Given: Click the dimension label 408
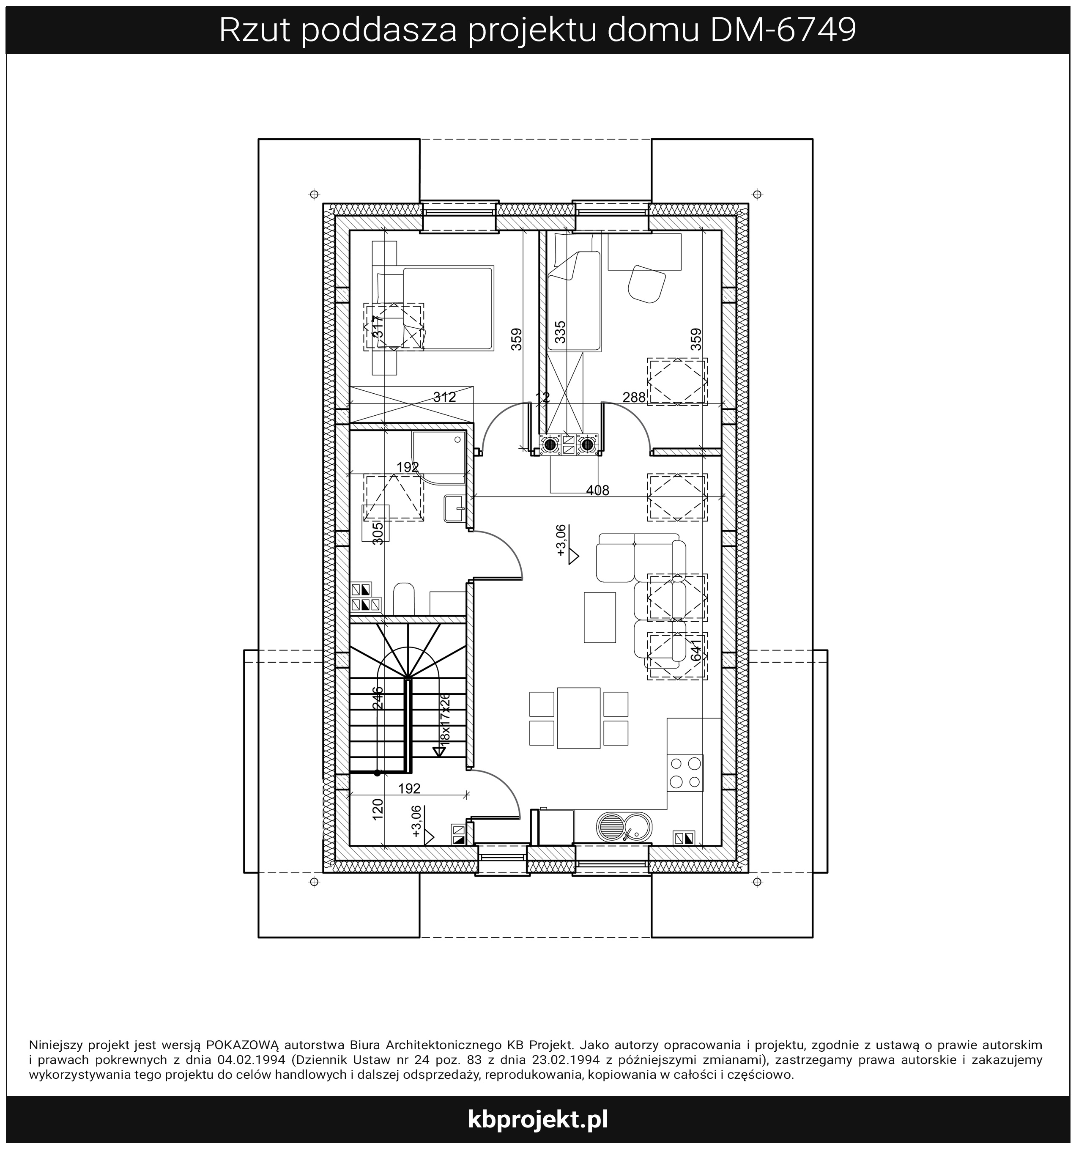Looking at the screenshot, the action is [x=597, y=491].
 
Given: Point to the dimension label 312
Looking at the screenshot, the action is [x=444, y=397].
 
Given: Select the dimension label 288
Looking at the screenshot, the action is [x=634, y=397].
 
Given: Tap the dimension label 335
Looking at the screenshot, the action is [x=560, y=332].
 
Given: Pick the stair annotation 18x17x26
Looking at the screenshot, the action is [x=445, y=718].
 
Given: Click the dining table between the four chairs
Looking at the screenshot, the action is [x=578, y=718].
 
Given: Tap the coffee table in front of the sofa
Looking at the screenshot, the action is [x=600, y=617].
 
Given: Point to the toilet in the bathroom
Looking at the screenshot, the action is [x=404, y=599].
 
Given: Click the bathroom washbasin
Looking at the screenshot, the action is [x=455, y=509].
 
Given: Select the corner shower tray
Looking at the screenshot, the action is [x=438, y=458].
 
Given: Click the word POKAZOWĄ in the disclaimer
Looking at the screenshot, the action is [x=243, y=1045].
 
